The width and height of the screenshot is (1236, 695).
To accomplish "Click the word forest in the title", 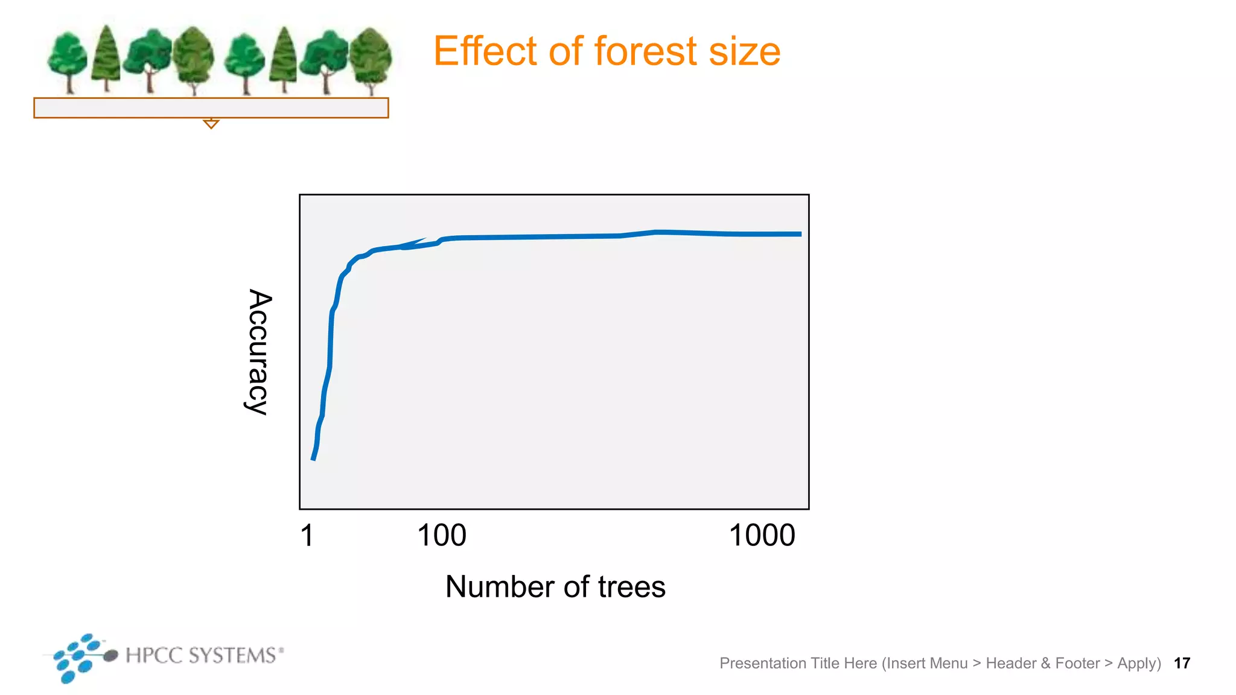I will click(646, 51).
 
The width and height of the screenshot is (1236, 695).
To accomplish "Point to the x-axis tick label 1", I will click(307, 536).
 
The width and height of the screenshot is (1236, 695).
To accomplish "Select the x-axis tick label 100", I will click(442, 536).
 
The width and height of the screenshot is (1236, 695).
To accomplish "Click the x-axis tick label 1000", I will click(762, 536).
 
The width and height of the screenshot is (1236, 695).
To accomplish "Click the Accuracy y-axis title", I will click(259, 352).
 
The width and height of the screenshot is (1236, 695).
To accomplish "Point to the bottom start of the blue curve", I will click(313, 459).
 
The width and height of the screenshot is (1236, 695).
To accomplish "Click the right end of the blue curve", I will click(800, 234).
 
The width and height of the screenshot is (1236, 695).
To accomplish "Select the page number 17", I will click(1182, 664).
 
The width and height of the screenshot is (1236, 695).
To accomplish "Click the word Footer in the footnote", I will click(1077, 664).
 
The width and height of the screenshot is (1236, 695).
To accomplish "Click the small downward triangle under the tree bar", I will click(211, 124).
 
